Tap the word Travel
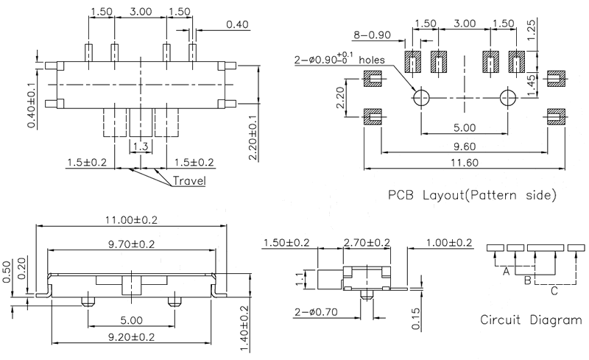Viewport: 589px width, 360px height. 189,181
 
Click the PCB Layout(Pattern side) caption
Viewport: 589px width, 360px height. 470,197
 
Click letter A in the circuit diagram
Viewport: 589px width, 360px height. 506,272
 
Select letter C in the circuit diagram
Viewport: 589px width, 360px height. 554,291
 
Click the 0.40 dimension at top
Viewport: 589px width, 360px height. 237,24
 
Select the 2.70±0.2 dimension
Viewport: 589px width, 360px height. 368,243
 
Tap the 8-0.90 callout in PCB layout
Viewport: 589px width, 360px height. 372,34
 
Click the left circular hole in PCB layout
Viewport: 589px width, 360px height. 421,97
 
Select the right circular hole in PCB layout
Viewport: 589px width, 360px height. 507,97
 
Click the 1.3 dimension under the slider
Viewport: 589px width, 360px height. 141,147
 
